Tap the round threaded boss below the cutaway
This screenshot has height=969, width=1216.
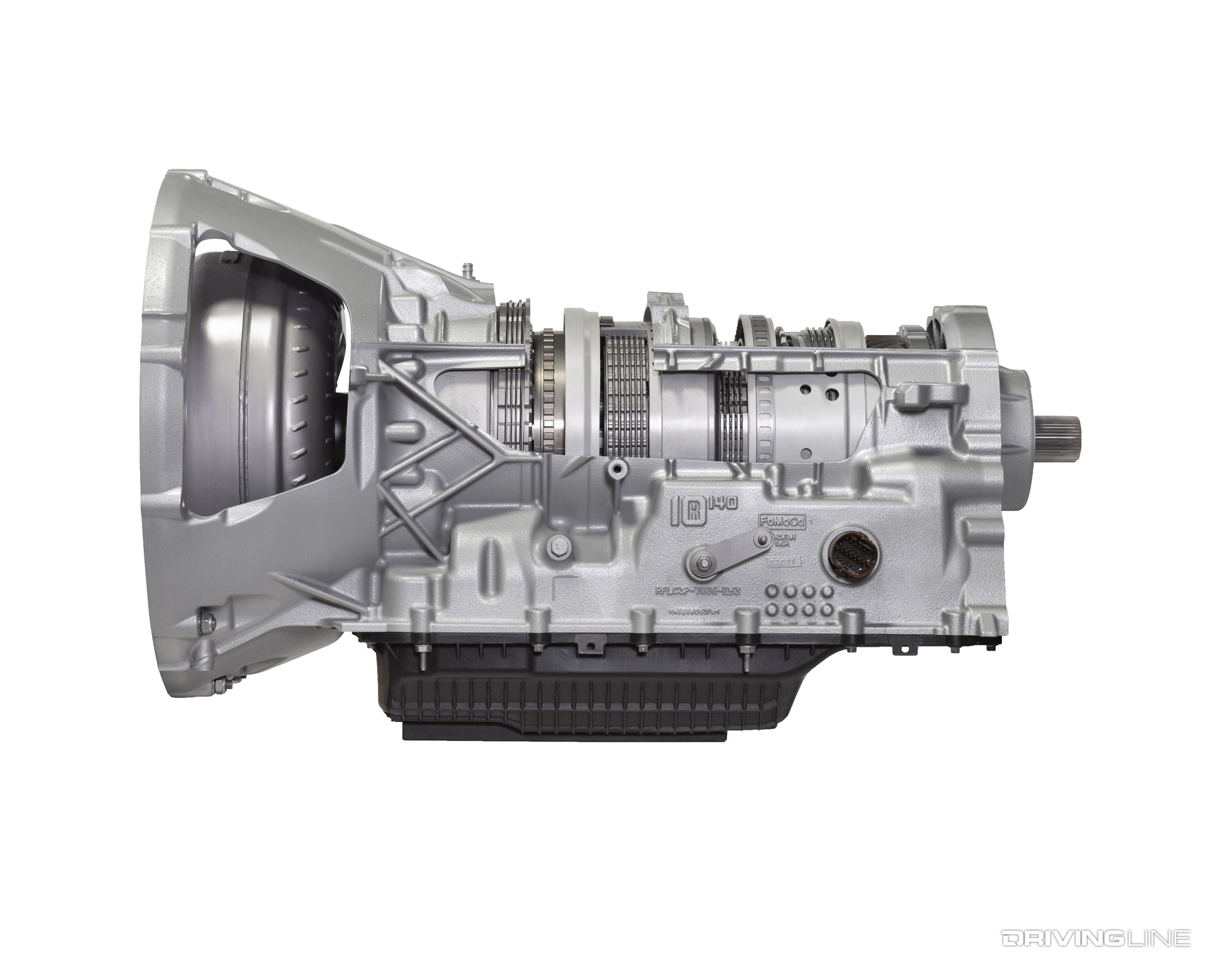coord(616,469)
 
